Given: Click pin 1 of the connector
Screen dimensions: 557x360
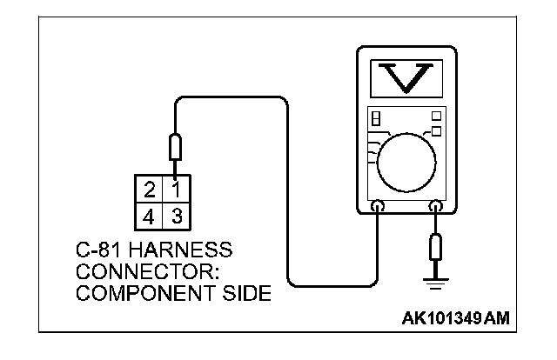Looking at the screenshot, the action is point(174,189).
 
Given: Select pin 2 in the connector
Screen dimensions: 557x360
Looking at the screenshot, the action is point(150,189).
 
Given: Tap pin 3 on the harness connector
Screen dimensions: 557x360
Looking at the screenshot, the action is point(174,213).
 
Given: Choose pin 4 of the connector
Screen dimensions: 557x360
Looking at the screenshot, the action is point(150,213).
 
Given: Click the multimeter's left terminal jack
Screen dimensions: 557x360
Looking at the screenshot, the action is point(378,207).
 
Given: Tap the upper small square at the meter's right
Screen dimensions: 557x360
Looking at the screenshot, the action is point(435,114).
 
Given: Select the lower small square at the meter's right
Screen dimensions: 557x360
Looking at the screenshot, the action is point(435,130).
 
